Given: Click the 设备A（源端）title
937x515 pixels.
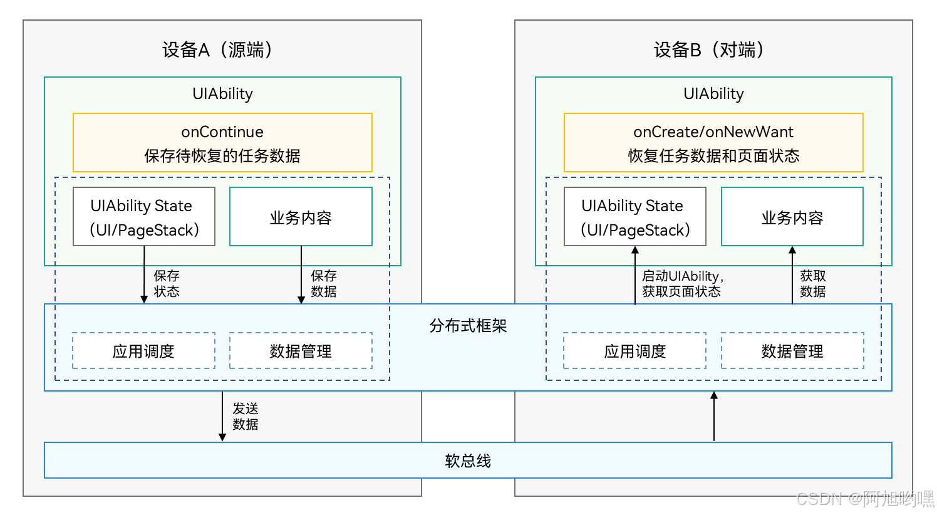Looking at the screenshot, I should (x=217, y=49).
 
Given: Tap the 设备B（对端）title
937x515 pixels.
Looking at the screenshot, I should (x=709, y=49).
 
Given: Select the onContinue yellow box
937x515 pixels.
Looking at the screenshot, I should (x=222, y=143).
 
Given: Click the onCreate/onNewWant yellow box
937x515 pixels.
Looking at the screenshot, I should (x=713, y=143).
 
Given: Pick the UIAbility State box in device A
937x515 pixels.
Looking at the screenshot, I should (x=144, y=217).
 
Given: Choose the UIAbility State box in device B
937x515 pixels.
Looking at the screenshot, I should (x=635, y=217).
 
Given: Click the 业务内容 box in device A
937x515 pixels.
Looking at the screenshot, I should (x=301, y=217).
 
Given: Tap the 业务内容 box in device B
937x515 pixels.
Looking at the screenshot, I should (x=792, y=217).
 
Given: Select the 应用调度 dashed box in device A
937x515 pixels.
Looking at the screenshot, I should (x=143, y=351).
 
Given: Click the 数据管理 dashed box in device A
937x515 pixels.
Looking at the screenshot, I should (x=301, y=351).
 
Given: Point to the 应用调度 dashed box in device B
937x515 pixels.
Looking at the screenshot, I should (x=635, y=351).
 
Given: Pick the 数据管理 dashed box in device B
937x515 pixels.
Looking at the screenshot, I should (x=792, y=351).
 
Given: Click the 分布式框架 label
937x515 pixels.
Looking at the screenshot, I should (x=468, y=326).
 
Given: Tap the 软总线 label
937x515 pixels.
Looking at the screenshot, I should (x=468, y=461).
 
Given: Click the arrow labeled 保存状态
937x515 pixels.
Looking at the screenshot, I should (x=144, y=276).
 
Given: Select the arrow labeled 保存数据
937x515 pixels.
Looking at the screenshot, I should (x=301, y=276).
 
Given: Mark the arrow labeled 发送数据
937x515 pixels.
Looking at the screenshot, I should (x=222, y=417).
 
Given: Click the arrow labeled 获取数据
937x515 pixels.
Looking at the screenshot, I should (x=792, y=276).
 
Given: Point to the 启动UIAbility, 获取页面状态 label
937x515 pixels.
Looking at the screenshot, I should (x=682, y=284).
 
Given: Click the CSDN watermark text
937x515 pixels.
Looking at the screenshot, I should (x=864, y=499).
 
